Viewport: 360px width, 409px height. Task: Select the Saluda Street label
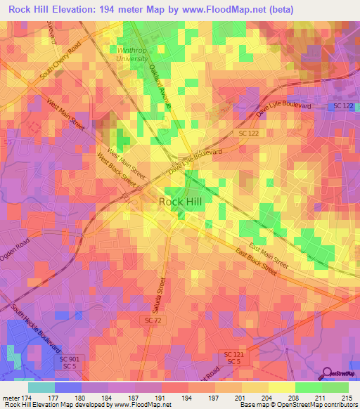(x=160, y=295)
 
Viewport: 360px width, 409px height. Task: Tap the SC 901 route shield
(x=69, y=358)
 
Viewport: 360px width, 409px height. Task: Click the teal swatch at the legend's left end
(x=41, y=387)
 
